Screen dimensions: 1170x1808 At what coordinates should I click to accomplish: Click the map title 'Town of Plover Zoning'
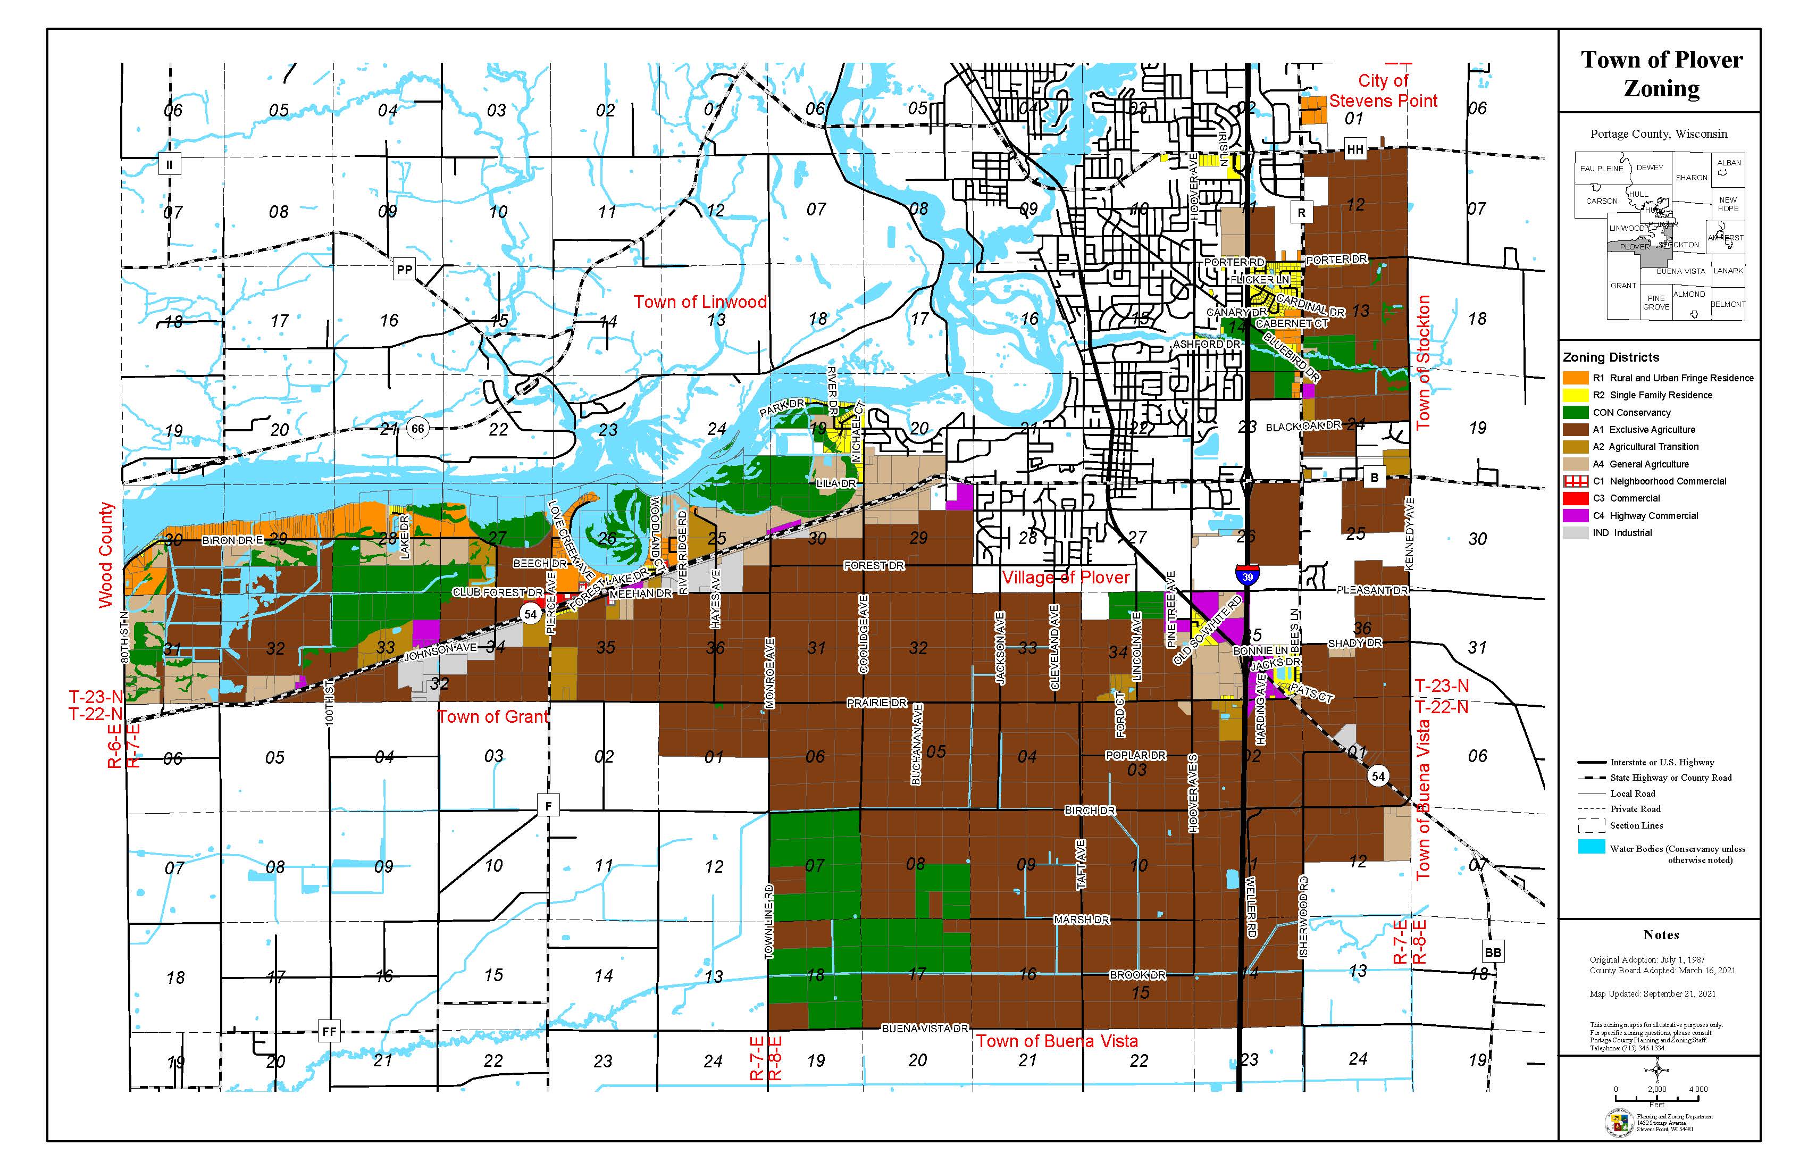tap(1661, 74)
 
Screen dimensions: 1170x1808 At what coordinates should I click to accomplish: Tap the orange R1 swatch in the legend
tap(1576, 378)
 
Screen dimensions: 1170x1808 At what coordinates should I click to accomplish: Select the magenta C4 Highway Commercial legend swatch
tap(1576, 515)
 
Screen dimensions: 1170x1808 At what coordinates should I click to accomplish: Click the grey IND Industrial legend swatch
tap(1576, 532)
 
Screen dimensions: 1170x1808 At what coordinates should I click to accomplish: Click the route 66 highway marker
tap(417, 429)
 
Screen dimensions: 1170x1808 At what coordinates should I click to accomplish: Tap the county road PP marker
tap(404, 269)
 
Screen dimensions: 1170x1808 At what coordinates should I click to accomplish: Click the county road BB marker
tap(1493, 952)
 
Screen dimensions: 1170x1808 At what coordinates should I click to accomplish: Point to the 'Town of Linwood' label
tap(700, 302)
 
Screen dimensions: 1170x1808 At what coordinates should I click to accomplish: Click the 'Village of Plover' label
tap(1066, 578)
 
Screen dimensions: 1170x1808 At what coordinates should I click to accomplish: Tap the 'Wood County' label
tap(106, 555)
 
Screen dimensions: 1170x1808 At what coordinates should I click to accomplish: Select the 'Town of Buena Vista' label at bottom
tap(1057, 1041)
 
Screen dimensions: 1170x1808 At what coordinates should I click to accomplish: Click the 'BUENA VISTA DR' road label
tap(925, 1028)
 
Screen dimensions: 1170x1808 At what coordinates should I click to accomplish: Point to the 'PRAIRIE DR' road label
tap(877, 703)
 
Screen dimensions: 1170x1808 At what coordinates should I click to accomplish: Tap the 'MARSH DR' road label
tap(1082, 920)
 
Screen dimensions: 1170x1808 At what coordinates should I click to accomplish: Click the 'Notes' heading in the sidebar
tap(1661, 934)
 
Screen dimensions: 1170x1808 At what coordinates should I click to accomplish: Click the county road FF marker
tap(329, 1031)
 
